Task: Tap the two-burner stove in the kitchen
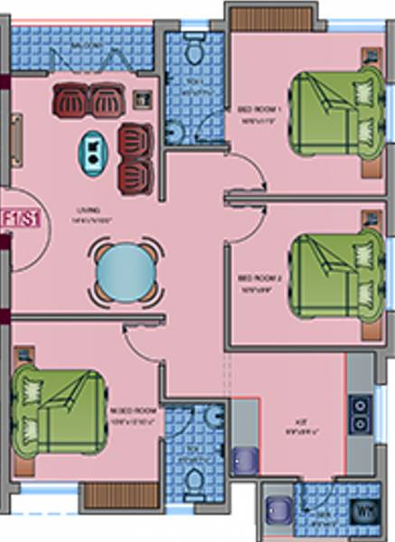click(x=361, y=414)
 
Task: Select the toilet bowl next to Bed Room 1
click(x=193, y=53)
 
